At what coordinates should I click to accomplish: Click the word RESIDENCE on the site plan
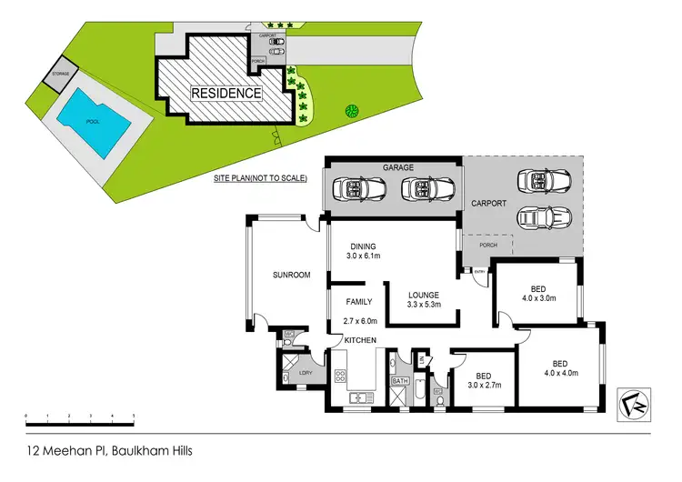(x=226, y=93)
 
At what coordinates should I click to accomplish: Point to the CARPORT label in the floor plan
(x=487, y=204)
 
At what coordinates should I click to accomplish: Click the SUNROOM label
(x=292, y=275)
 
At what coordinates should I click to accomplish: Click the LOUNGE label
(x=424, y=295)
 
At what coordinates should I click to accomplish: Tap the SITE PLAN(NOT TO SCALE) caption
(x=260, y=178)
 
